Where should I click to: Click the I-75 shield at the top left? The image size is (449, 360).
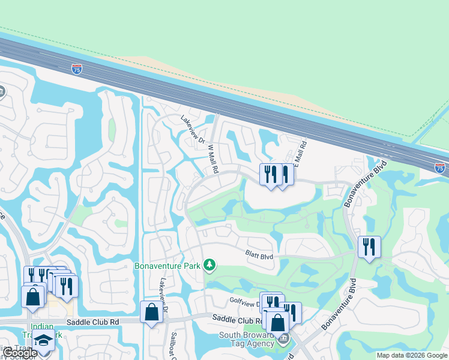click(76, 70)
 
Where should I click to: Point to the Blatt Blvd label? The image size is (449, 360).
click(259, 256)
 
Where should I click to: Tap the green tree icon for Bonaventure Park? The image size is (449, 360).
click(209, 265)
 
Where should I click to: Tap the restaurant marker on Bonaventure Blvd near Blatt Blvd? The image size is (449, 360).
click(369, 247)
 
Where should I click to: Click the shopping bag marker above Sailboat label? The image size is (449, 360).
click(151, 312)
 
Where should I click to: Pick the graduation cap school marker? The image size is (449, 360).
click(43, 340)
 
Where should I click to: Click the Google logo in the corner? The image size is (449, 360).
click(20, 353)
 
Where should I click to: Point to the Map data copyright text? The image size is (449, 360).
click(412, 355)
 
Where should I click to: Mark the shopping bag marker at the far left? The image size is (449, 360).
click(32, 296)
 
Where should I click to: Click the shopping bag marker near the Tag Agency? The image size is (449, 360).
click(278, 323)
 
